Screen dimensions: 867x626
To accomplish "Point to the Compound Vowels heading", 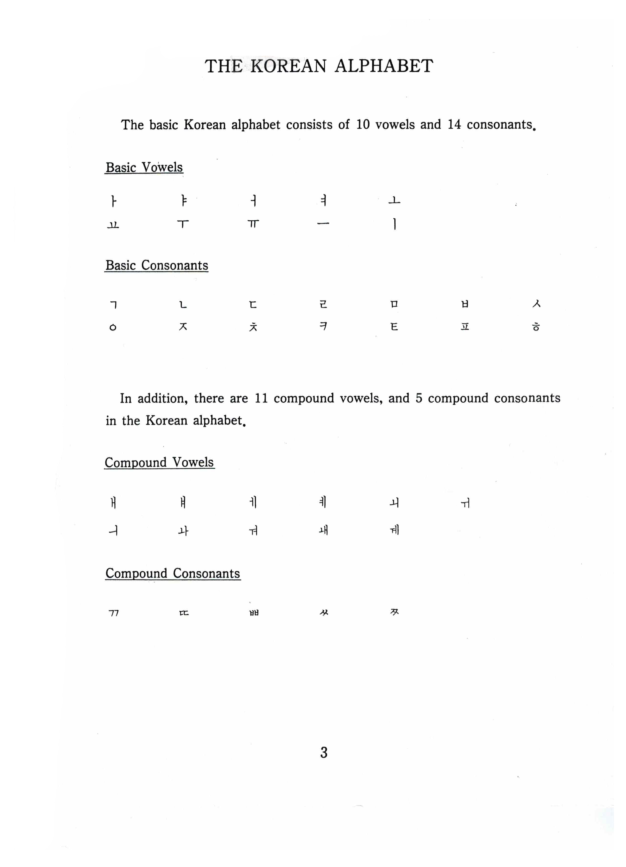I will point(159,463).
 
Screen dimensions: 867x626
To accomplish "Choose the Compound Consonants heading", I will point(173,573).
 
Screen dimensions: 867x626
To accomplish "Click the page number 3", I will point(324,752).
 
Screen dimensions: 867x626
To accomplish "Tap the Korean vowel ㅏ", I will point(113,201).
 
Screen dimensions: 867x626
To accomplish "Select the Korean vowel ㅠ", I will point(253,224).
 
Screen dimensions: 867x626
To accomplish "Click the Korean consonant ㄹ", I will point(323,304).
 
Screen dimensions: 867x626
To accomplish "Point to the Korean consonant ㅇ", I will point(113,327).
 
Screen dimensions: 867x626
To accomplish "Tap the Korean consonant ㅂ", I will point(465,304).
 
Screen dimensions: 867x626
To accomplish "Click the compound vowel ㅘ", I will point(183,531).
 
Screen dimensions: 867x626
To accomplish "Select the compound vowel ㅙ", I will point(324,530).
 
